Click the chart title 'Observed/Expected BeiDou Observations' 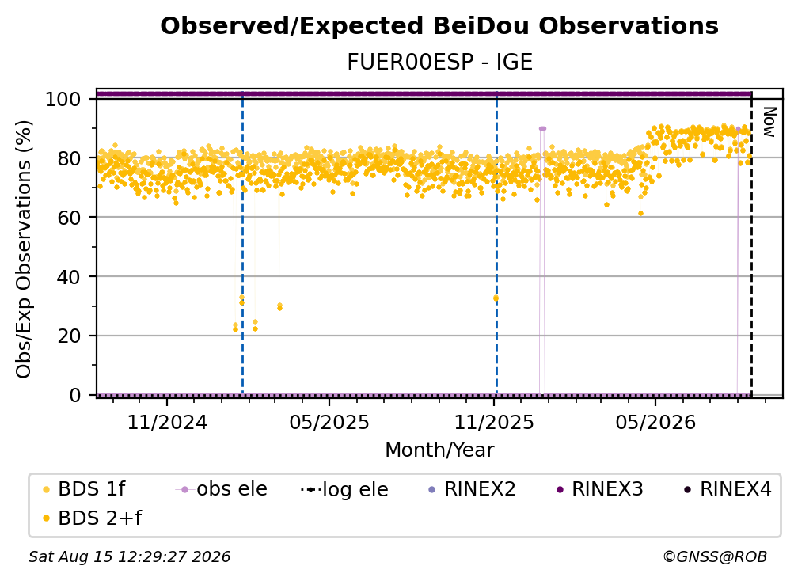pyautogui.click(x=439, y=26)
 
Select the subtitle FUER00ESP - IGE pyautogui.click(x=439, y=62)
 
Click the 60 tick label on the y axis pyautogui.click(x=69, y=218)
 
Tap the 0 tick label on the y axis pyautogui.click(x=75, y=395)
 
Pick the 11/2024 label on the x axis pyautogui.click(x=167, y=422)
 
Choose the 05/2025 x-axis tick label pyautogui.click(x=329, y=422)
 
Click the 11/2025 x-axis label pyautogui.click(x=494, y=422)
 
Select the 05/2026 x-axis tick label pyautogui.click(x=655, y=422)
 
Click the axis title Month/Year pyautogui.click(x=439, y=450)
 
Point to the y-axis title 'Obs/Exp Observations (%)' pyautogui.click(x=24, y=249)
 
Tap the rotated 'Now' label pyautogui.click(x=769, y=122)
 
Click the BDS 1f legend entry pyautogui.click(x=84, y=489)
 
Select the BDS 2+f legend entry pyautogui.click(x=92, y=518)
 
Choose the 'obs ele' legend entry pyautogui.click(x=222, y=489)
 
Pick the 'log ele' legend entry pyautogui.click(x=344, y=489)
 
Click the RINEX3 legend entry pyautogui.click(x=600, y=489)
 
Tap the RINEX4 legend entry pyautogui.click(x=728, y=489)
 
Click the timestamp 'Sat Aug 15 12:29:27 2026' pyautogui.click(x=129, y=556)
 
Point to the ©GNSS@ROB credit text pyautogui.click(x=715, y=556)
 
